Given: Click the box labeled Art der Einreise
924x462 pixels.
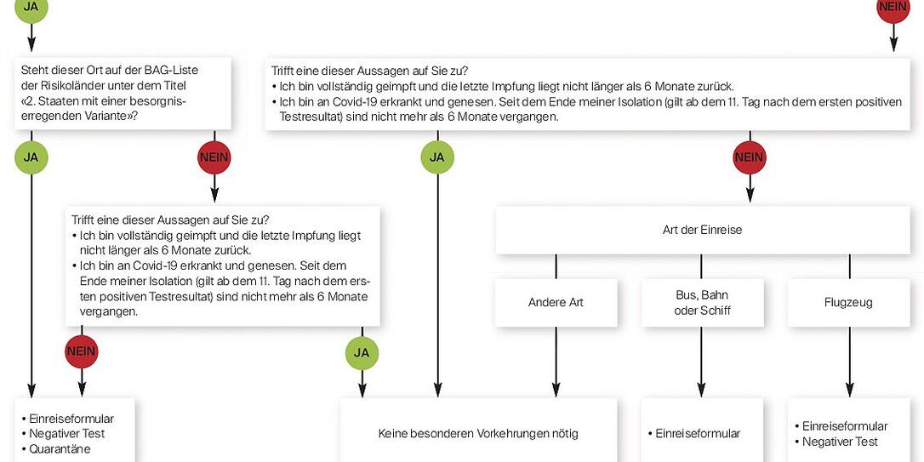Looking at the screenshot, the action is tap(702, 230).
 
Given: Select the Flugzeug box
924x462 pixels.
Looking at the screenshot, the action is tap(848, 302).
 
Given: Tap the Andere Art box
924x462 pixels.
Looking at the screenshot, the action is tap(556, 302).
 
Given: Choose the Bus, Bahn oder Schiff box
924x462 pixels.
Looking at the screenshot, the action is tap(702, 302).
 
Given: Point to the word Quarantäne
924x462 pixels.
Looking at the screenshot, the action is tap(60, 449).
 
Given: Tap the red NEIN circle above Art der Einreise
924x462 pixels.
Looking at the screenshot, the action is tap(750, 157).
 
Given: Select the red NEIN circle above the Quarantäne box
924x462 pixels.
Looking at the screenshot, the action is tap(82, 351).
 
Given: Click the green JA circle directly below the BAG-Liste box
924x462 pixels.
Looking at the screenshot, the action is tap(31, 157).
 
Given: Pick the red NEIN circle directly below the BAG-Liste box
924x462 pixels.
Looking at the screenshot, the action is tap(214, 157).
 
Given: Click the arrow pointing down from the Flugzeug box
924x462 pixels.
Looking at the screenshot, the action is tap(849, 362).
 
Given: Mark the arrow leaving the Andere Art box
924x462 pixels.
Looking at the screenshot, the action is tap(556, 362).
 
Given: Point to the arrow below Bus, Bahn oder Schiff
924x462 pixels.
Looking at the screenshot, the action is tap(701, 362).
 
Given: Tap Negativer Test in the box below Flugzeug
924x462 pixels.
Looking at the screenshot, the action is tap(840, 442).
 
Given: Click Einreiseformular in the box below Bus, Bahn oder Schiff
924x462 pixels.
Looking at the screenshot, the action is tap(698, 434).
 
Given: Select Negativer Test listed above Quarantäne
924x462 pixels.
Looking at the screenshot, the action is tap(66, 434).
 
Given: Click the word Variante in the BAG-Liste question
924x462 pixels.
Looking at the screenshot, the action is tap(106, 116).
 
